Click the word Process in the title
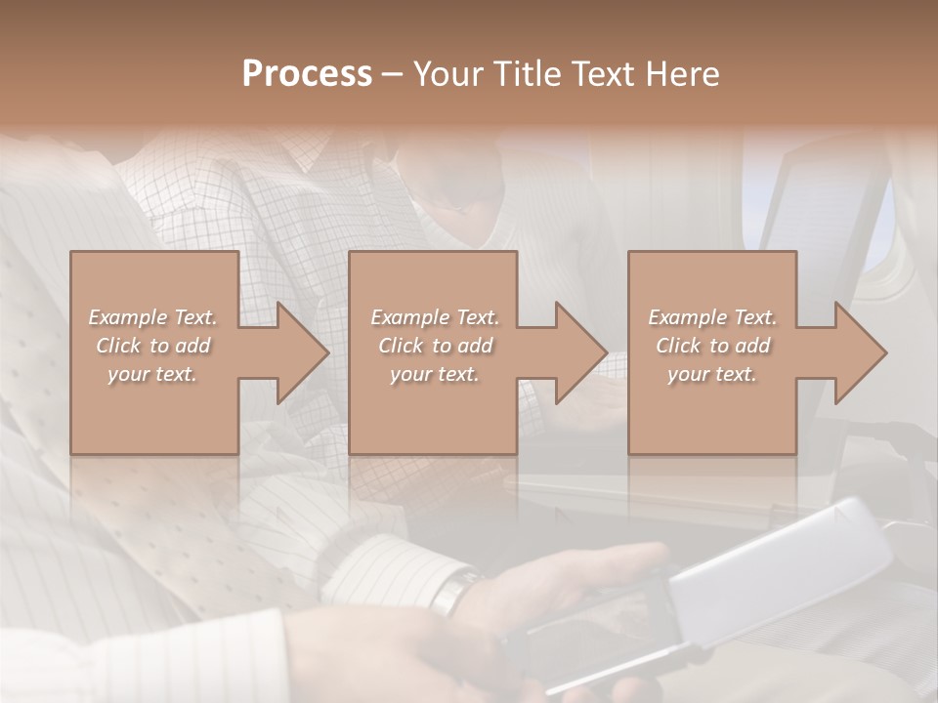tap(307, 74)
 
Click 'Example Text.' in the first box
tap(153, 317)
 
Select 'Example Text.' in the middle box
tap(435, 317)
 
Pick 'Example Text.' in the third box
tap(712, 317)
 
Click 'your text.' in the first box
tap(152, 374)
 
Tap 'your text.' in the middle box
tap(434, 374)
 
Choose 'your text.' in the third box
tap(711, 374)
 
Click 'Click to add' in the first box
tap(153, 346)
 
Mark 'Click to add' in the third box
tap(713, 346)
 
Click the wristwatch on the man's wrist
tap(455, 592)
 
